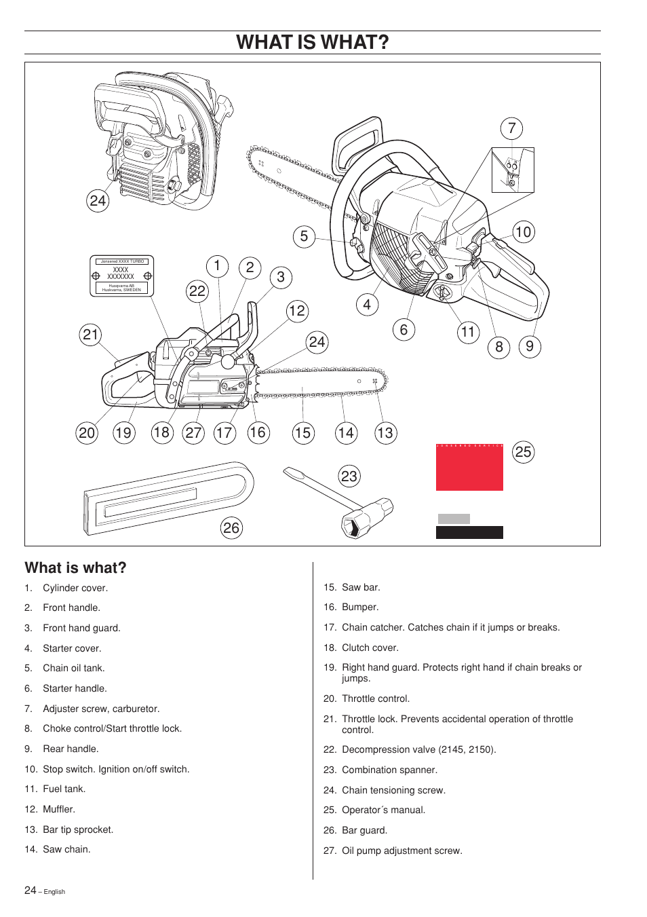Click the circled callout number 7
coord(511,128)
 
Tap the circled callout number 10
coord(523,232)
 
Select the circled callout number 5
coord(304,236)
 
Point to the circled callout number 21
coord(90,335)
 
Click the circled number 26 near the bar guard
coord(231,528)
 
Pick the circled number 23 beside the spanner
coord(349,476)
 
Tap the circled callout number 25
coord(523,452)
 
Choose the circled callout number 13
coord(385,433)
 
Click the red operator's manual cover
coord(469,468)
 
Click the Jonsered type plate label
coord(122,276)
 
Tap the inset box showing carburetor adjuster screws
coord(513,170)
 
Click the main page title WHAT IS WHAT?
coord(313,42)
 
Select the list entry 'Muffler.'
coord(59,809)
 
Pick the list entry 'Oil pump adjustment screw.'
coord(401,850)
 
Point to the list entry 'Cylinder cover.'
coord(75,588)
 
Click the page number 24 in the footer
coord(31,890)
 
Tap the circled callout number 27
coord(193,433)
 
